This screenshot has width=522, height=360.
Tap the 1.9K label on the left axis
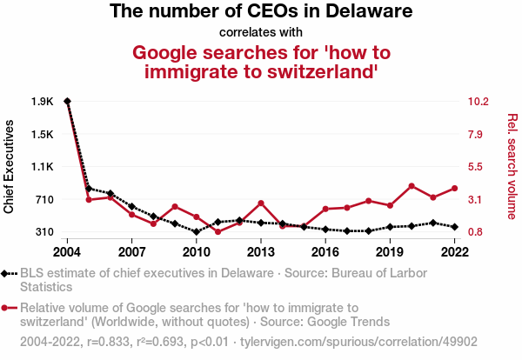click(x=41, y=102)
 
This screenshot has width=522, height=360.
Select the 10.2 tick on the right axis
click(x=480, y=102)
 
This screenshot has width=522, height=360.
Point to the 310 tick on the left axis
click(x=43, y=232)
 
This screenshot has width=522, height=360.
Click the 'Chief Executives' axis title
click(x=10, y=166)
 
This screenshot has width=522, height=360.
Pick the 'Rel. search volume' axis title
click(x=512, y=166)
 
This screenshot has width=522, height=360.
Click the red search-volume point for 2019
click(x=390, y=205)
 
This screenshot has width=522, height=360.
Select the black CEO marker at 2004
click(x=67, y=102)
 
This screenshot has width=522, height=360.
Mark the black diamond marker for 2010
click(x=197, y=232)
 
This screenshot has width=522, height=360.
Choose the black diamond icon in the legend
click(x=8, y=273)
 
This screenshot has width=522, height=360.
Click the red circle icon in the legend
click(x=8, y=308)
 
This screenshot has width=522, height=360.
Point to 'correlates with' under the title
click(x=260, y=32)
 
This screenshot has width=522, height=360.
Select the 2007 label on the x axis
click(x=131, y=252)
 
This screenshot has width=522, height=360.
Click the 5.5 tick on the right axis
click(x=479, y=167)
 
